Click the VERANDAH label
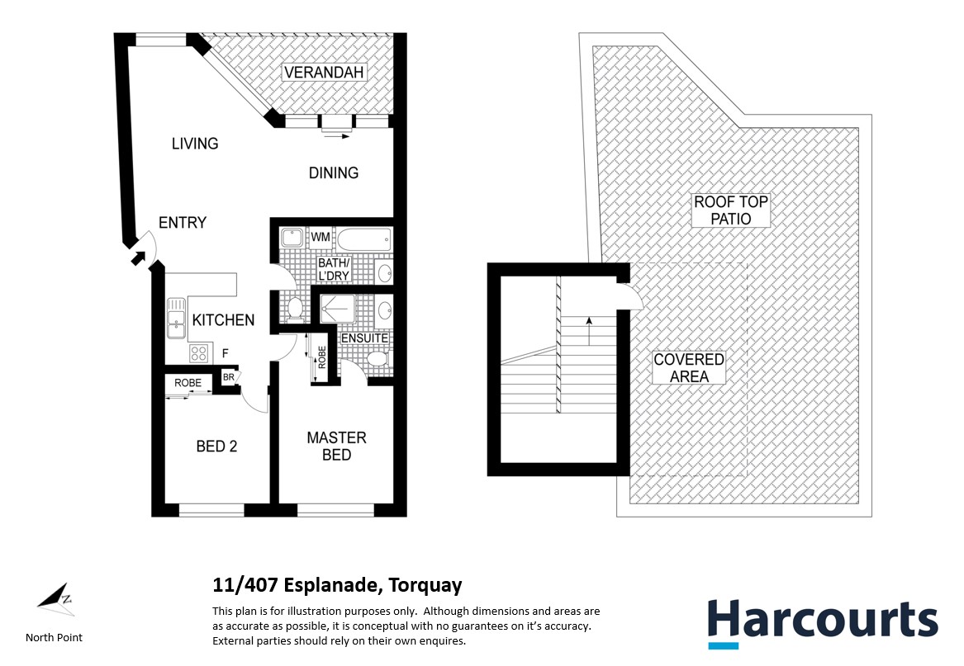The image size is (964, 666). tap(324, 73)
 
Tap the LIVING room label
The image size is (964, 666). tap(195, 144)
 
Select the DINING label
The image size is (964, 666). tap(334, 173)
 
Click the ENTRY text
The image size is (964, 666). tap(183, 223)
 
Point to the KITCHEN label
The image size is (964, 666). tap(223, 320)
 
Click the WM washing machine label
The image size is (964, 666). tap(321, 238)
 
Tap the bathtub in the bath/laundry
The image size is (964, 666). tap(361, 240)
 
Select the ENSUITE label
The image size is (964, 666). tap(364, 338)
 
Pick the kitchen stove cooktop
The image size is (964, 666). tap(199, 353)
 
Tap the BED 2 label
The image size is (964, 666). tap(217, 446)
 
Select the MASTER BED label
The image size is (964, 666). tap(336, 446)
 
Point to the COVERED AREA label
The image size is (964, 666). tap(688, 368)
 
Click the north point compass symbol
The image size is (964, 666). tap(55, 599)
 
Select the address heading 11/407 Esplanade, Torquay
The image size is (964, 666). tap(337, 586)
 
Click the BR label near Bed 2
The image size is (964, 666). tap(228, 378)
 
